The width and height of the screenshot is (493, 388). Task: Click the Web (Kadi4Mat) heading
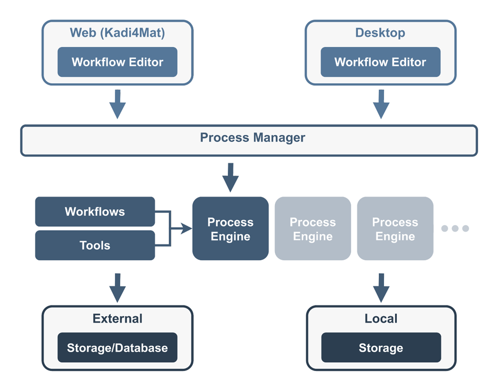pyautogui.click(x=117, y=33)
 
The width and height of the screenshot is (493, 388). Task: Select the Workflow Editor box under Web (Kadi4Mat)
pyautogui.click(x=117, y=62)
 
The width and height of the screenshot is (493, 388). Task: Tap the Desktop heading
pyautogui.click(x=380, y=33)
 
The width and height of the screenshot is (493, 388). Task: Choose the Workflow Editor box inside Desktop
pyautogui.click(x=380, y=62)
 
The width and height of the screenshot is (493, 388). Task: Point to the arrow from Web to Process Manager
pyautogui.click(x=117, y=104)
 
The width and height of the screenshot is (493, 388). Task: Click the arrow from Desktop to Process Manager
pyautogui.click(x=381, y=104)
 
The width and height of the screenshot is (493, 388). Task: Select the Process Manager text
pyautogui.click(x=252, y=138)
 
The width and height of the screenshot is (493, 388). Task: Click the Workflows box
pyautogui.click(x=95, y=211)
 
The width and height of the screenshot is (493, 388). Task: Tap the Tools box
pyautogui.click(x=95, y=246)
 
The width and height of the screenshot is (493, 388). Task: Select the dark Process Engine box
pyautogui.click(x=230, y=229)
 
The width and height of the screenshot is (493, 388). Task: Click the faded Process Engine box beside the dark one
pyautogui.click(x=313, y=229)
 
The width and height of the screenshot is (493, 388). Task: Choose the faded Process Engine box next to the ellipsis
pyautogui.click(x=395, y=229)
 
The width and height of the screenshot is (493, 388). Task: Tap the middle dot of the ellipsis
pyautogui.click(x=455, y=228)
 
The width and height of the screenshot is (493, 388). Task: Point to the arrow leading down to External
pyautogui.click(x=117, y=287)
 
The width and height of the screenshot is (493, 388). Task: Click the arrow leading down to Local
pyautogui.click(x=381, y=287)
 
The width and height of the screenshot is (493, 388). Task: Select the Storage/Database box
pyautogui.click(x=117, y=348)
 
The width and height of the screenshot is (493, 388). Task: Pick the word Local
pyautogui.click(x=381, y=319)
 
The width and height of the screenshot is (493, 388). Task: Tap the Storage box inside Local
pyautogui.click(x=381, y=348)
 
